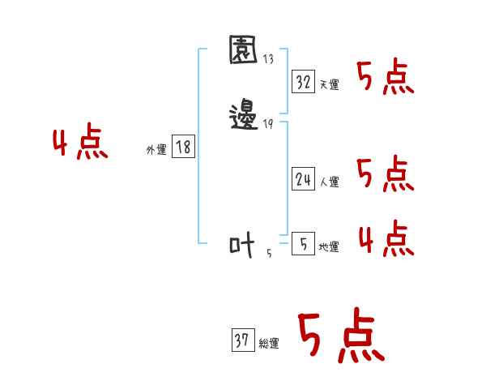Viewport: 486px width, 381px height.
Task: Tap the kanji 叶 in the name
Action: click(242, 244)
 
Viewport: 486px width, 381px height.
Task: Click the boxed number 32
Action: click(304, 82)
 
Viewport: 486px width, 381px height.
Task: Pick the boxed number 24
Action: click(304, 180)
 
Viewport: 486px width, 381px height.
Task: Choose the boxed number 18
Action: click(183, 147)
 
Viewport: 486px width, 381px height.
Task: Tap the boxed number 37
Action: click(242, 341)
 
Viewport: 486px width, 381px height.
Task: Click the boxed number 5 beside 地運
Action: click(302, 244)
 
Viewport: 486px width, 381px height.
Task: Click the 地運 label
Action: click(329, 247)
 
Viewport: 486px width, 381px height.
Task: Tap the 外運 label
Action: click(156, 150)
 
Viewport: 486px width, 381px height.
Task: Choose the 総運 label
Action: click(269, 345)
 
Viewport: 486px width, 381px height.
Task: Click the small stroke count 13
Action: click(268, 59)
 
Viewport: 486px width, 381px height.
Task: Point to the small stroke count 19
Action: click(268, 123)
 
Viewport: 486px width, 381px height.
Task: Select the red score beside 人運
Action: click(386, 174)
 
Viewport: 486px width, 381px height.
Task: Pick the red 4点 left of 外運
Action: click(80, 144)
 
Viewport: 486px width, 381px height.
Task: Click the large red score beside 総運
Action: click(340, 336)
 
